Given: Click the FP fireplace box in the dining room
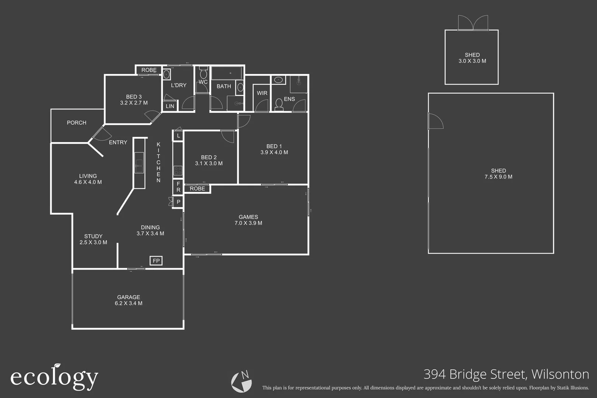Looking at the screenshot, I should coord(156,261).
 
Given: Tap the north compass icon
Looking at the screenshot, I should coord(241,381).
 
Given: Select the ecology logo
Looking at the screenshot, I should coord(54,377).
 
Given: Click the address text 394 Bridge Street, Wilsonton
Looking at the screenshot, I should coord(506,374).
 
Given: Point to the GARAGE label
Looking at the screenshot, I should coord(128,297).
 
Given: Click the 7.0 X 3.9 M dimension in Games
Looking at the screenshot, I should coord(248,223).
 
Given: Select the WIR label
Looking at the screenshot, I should coord(262,93).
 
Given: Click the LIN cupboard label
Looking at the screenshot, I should coord(170,106).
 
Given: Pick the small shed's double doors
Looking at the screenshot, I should coord(473,23).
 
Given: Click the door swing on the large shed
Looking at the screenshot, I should coord(435,121).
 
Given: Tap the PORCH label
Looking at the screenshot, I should coord(77,123).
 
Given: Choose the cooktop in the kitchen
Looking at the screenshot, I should coord(178,170).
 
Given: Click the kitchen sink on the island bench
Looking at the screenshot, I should coord(139,166).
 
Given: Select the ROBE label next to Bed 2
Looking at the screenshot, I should coord(197,189).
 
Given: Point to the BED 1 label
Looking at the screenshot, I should coord(274,146).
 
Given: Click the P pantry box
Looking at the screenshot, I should coord(178,202).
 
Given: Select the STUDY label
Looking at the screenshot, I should coord(93,236).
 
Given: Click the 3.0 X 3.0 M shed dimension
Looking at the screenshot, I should coord(472,61).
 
